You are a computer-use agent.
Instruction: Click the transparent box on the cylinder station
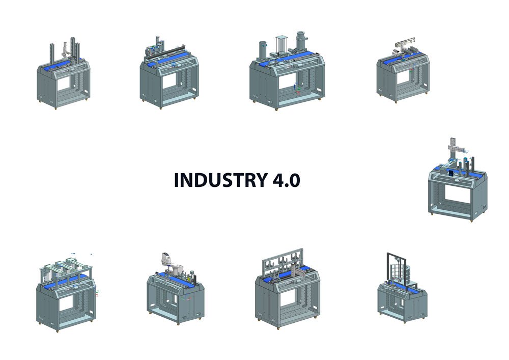click(x=282, y=44)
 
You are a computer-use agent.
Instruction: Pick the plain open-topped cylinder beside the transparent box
click(x=263, y=50)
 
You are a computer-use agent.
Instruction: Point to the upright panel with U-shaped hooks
click(x=283, y=262)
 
